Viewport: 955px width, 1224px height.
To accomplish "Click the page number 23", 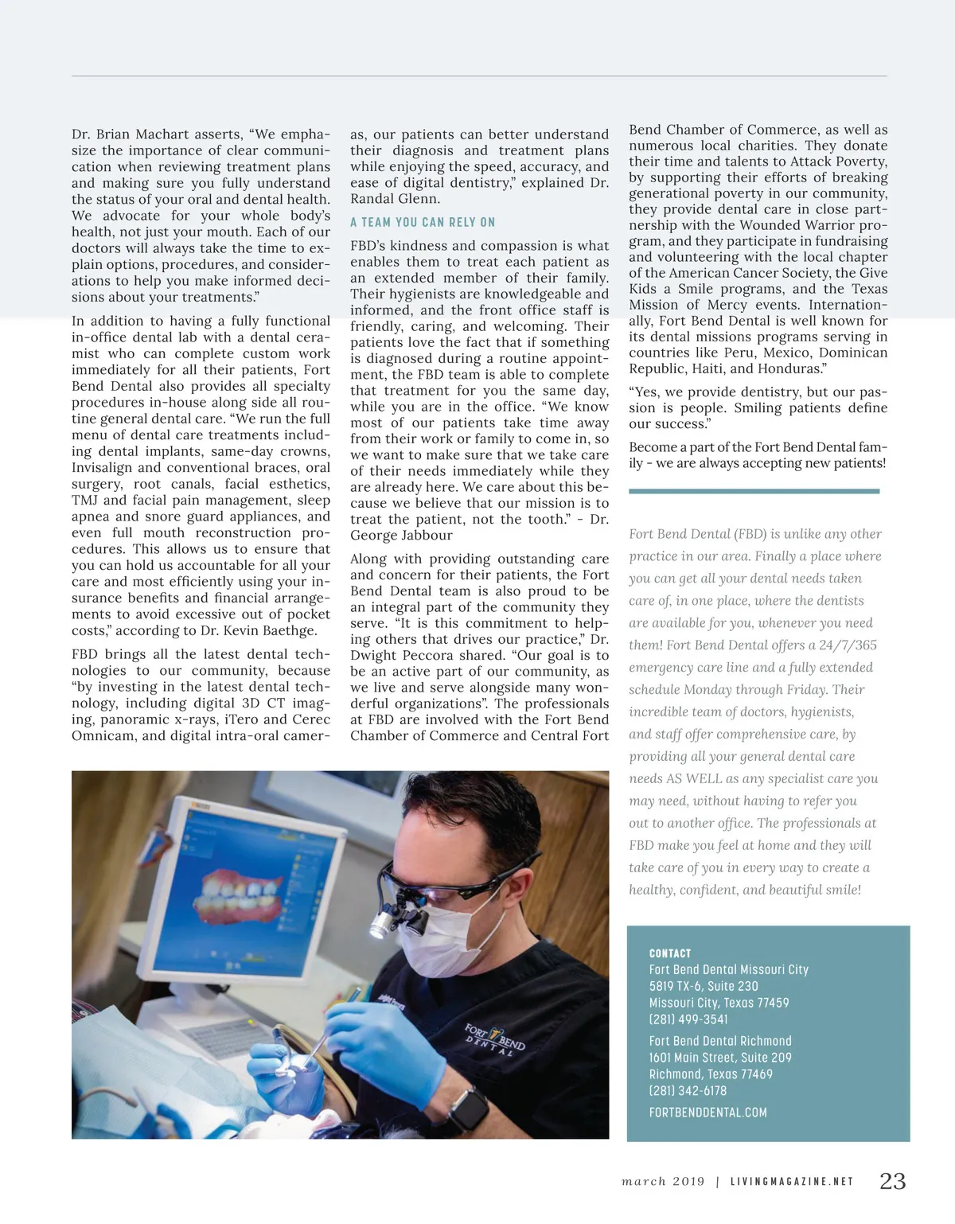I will [892, 1181].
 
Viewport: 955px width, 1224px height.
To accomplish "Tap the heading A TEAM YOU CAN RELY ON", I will [423, 222].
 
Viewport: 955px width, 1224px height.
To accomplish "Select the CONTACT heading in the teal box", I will [670, 953].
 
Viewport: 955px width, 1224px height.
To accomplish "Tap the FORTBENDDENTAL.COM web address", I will [707, 1113].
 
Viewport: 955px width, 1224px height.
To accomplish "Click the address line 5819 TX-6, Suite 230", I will [704, 986].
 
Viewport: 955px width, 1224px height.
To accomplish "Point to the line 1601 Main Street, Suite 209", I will [720, 1058].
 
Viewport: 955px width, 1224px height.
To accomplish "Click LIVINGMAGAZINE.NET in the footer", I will [791, 1182].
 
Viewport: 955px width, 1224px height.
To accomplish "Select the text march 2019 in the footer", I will [663, 1182].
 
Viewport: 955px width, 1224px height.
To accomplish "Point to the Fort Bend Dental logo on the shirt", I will [495, 1039].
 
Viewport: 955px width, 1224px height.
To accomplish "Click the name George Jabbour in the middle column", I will [401, 536].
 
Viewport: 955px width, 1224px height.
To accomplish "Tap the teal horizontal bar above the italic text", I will [754, 491].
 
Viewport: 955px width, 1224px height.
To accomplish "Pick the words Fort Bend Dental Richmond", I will [720, 1041].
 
